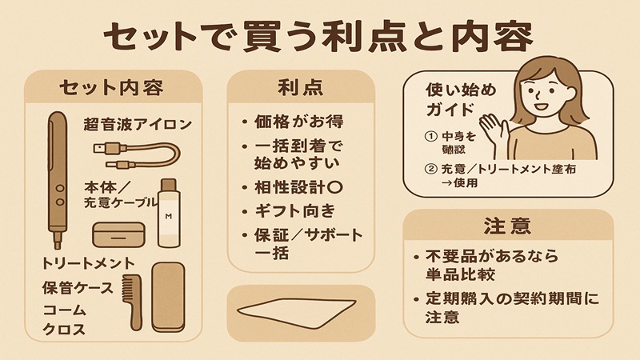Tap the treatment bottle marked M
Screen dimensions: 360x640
pos(169,214)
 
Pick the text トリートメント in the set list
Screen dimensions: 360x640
pos(89,263)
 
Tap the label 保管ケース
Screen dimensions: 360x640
pos(76,286)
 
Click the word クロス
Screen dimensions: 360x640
pos(63,329)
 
